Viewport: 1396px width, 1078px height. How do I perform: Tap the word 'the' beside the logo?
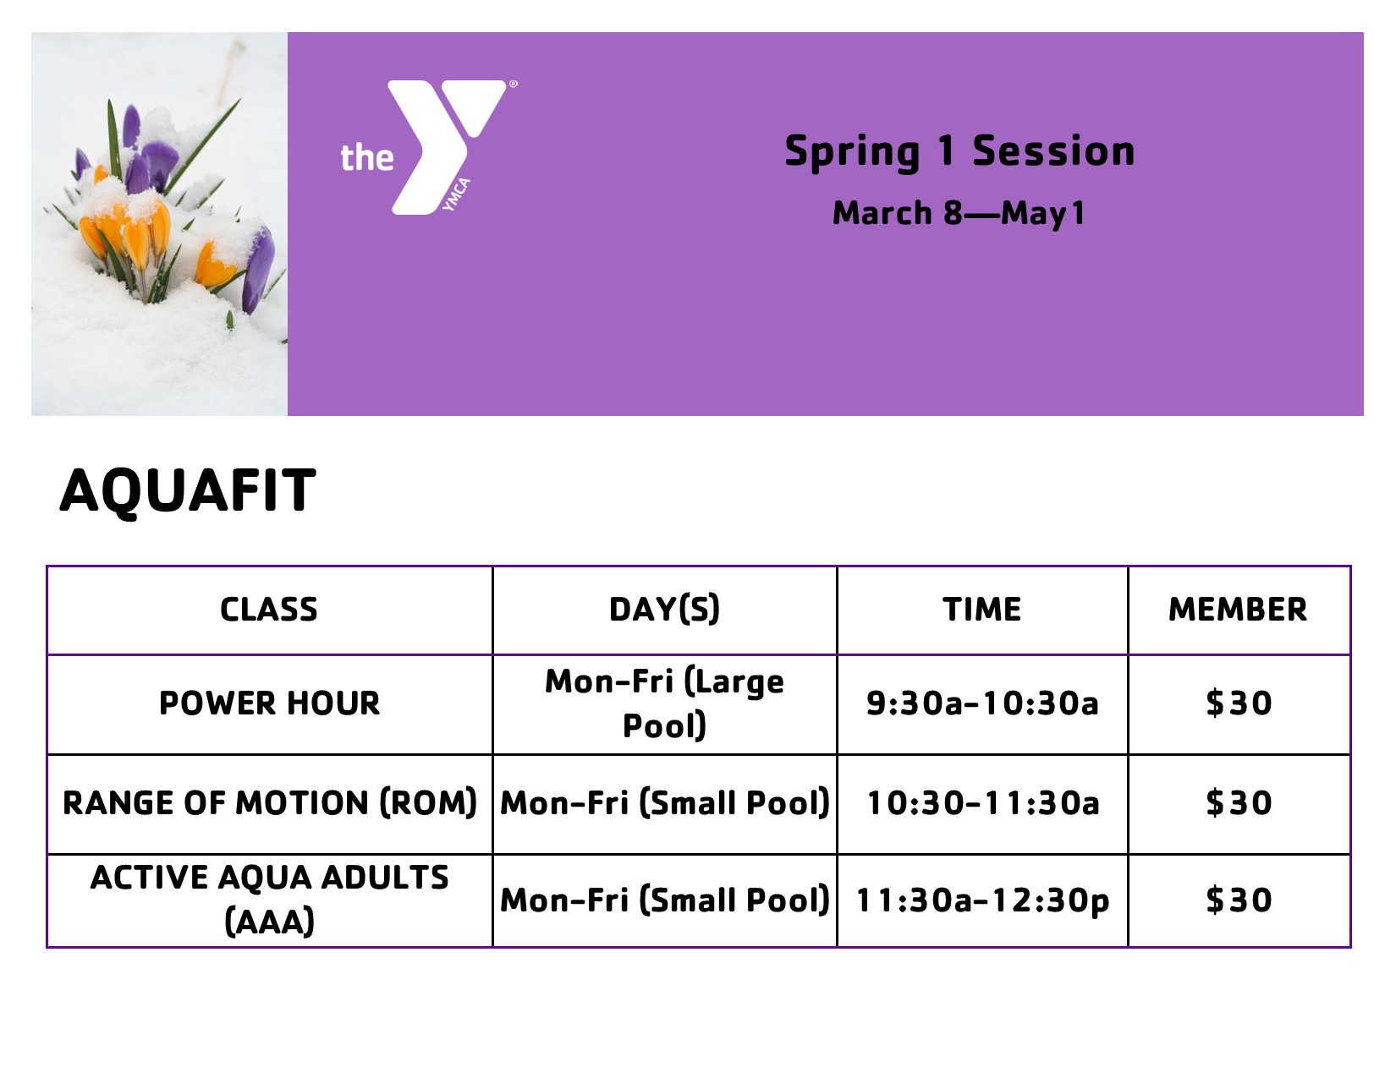(367, 158)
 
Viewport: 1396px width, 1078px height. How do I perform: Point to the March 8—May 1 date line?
(959, 214)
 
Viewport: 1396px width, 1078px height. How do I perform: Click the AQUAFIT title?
(188, 491)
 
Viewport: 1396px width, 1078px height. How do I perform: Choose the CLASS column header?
(268, 610)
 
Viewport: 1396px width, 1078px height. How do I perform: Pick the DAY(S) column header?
(664, 610)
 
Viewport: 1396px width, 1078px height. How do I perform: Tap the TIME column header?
(981, 610)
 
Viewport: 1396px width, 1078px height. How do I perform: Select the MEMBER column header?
(1238, 610)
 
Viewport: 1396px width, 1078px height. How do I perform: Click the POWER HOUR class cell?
(269, 703)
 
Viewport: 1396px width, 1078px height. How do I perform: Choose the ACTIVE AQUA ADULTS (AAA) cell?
(269, 900)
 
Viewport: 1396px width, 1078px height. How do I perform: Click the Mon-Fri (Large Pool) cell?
(664, 703)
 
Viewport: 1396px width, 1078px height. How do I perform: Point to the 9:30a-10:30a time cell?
(982, 703)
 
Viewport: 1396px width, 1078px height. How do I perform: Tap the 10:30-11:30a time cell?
(983, 803)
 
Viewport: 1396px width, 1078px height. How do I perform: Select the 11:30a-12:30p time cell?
(982, 900)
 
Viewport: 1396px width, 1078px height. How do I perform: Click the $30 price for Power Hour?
(1239, 703)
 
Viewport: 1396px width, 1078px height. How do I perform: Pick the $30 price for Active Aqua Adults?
(1239, 900)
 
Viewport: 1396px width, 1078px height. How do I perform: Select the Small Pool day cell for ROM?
(665, 803)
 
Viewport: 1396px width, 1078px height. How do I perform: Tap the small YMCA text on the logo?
(456, 194)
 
